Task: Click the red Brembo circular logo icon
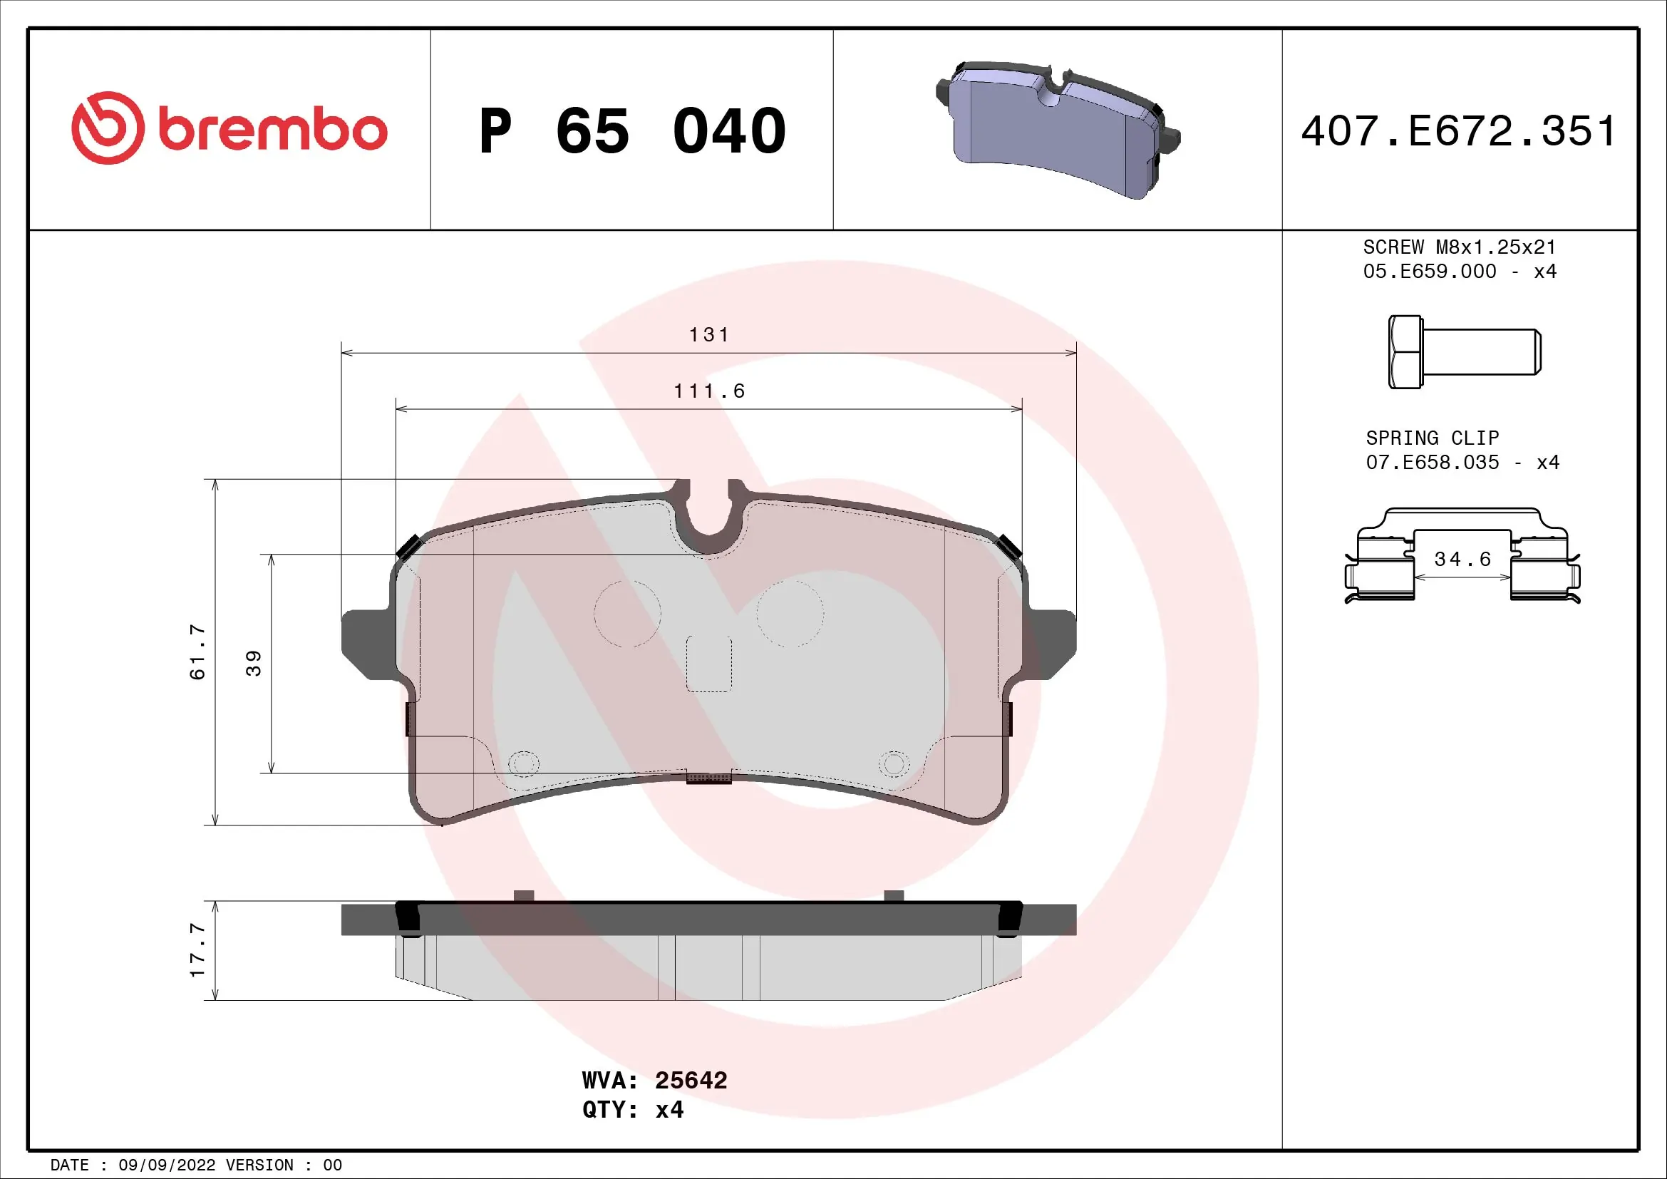(108, 128)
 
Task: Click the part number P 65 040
(631, 131)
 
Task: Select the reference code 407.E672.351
(1459, 131)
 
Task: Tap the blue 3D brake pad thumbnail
(1057, 130)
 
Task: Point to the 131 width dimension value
(708, 335)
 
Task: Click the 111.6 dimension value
(708, 391)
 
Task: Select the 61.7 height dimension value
(197, 652)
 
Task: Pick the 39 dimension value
(254, 663)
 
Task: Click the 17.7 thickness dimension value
(197, 949)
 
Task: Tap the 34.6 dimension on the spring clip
(1462, 559)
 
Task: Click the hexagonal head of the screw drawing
(1405, 352)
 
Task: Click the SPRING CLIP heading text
(1432, 438)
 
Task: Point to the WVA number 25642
(691, 1080)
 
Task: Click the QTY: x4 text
(632, 1109)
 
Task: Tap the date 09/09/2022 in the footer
(167, 1165)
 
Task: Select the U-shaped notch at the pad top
(708, 519)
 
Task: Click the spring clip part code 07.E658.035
(1432, 463)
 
